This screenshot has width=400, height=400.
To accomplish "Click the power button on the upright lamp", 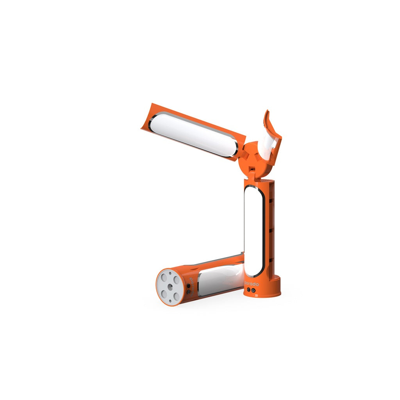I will coord(253,290).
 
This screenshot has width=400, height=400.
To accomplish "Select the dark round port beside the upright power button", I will coord(248,290).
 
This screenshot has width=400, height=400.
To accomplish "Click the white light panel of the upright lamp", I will coord(253,230).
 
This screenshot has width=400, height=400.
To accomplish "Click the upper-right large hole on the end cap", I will coord(177,280).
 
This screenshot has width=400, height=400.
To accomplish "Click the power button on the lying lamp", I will coord(189,291).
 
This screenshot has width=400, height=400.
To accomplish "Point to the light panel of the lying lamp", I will coord(219,279).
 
